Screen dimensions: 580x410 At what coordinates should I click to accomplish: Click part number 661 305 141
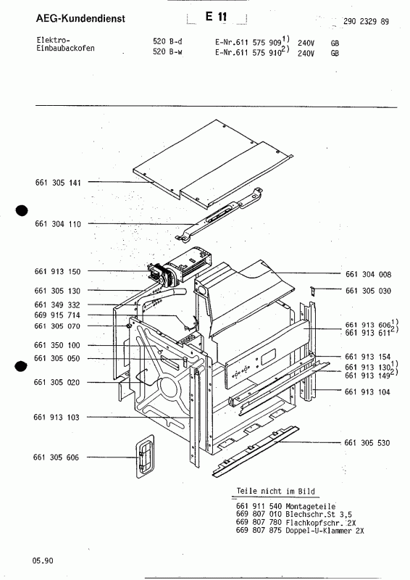point(57,183)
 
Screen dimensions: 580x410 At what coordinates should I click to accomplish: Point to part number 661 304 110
point(57,225)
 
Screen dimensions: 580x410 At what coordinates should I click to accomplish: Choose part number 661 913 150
point(57,271)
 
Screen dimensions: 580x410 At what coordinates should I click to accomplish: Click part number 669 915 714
point(57,316)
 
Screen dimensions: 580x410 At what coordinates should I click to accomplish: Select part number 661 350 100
point(57,345)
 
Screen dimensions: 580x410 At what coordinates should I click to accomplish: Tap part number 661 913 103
point(57,418)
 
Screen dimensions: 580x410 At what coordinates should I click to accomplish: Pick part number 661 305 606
point(57,457)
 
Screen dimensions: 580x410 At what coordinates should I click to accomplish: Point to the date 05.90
point(42,560)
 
